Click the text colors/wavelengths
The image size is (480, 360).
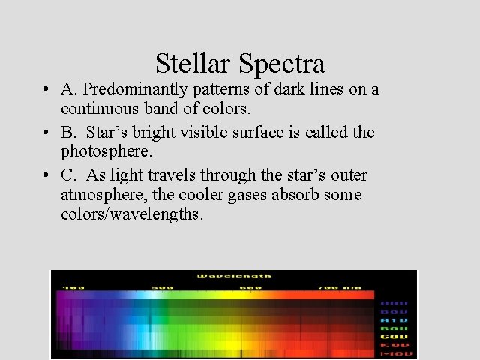click(132, 215)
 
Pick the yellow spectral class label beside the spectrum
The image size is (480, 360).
click(394, 336)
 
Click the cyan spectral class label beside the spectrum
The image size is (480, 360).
click(394, 319)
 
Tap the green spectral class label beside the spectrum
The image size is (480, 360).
click(394, 328)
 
